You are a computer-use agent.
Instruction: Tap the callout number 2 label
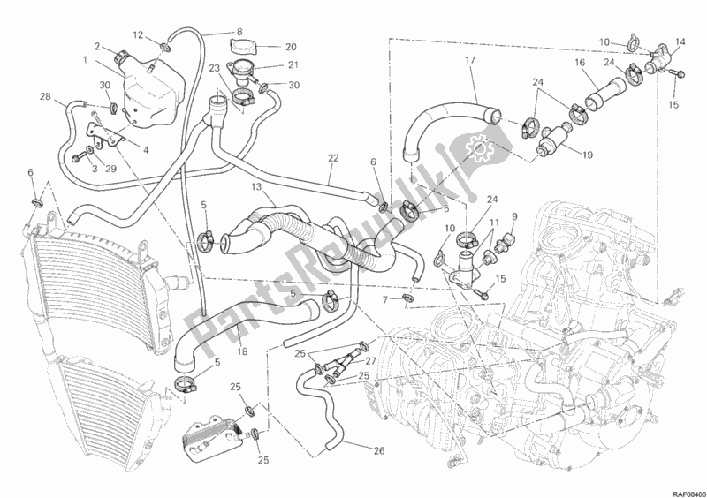(97, 46)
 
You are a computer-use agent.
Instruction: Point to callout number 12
(138, 34)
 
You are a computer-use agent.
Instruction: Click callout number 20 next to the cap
(291, 48)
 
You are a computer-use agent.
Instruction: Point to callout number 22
(333, 157)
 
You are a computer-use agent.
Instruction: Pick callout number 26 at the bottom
(378, 450)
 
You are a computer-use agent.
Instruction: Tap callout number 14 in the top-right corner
(680, 42)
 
